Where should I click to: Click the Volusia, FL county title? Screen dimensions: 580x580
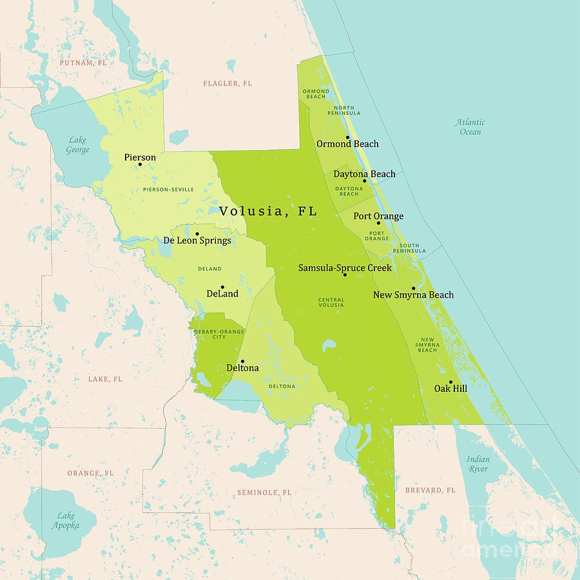point(268,211)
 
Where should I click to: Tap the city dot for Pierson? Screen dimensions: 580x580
point(140,164)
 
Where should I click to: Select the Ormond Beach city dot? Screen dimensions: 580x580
point(347,137)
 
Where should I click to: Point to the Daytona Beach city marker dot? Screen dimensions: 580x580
point(364,180)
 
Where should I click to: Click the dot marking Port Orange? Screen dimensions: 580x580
point(378,223)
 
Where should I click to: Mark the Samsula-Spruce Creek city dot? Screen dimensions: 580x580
point(345,275)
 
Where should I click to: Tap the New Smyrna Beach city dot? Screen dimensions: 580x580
point(413,288)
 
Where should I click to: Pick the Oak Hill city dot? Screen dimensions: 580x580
point(450,382)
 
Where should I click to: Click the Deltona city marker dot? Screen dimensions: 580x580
point(242,362)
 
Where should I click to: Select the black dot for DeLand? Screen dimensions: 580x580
point(222,287)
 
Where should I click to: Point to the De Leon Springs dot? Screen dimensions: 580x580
point(197,234)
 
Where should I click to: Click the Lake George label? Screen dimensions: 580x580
point(78,145)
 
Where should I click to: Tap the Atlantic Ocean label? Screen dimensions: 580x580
point(470,127)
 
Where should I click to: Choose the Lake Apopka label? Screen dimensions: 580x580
point(66,520)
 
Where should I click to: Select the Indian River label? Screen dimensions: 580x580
point(478,464)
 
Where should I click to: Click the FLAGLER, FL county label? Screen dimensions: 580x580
point(227,84)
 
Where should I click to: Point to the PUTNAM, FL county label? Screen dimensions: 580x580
point(83,63)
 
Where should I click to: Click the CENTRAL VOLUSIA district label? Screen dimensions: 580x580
point(331,302)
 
